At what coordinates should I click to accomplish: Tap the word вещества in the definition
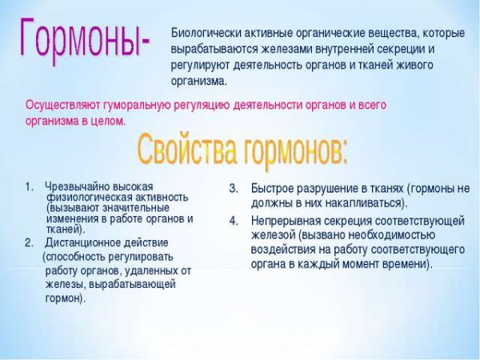click(394, 32)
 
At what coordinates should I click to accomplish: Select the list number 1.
click(29, 186)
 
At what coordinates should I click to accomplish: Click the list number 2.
click(29, 242)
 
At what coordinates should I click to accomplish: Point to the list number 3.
click(234, 189)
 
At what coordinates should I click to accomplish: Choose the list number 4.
click(234, 220)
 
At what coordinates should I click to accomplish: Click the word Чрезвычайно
click(75, 186)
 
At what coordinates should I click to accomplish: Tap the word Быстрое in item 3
click(271, 189)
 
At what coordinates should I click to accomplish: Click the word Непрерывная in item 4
click(283, 220)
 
